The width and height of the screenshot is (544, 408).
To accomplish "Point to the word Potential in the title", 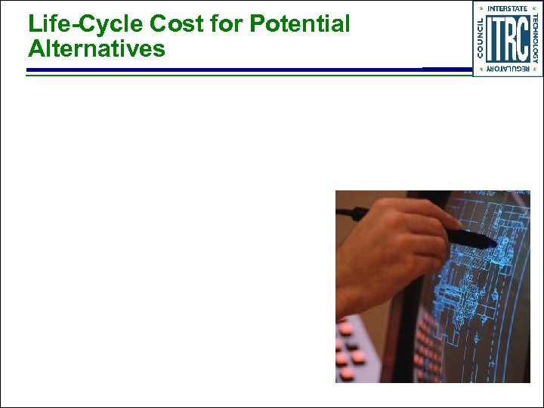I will pos(300,24).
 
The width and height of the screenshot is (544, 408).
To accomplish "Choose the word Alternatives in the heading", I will pos(97,49).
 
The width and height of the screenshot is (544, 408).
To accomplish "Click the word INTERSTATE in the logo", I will pos(508,8).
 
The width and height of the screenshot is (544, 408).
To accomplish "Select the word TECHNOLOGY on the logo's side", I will pos(535,39).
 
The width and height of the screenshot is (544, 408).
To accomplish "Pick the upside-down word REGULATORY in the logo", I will pos(508,69).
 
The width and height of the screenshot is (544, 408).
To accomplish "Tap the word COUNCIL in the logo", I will pos(481,39).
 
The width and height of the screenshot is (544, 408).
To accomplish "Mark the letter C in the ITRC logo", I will pos(522,39).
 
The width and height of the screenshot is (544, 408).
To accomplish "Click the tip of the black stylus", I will pos(495,243).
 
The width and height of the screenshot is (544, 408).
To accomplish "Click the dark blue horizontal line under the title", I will pos(227,70).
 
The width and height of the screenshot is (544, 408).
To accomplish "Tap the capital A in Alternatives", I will pos(36,49).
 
